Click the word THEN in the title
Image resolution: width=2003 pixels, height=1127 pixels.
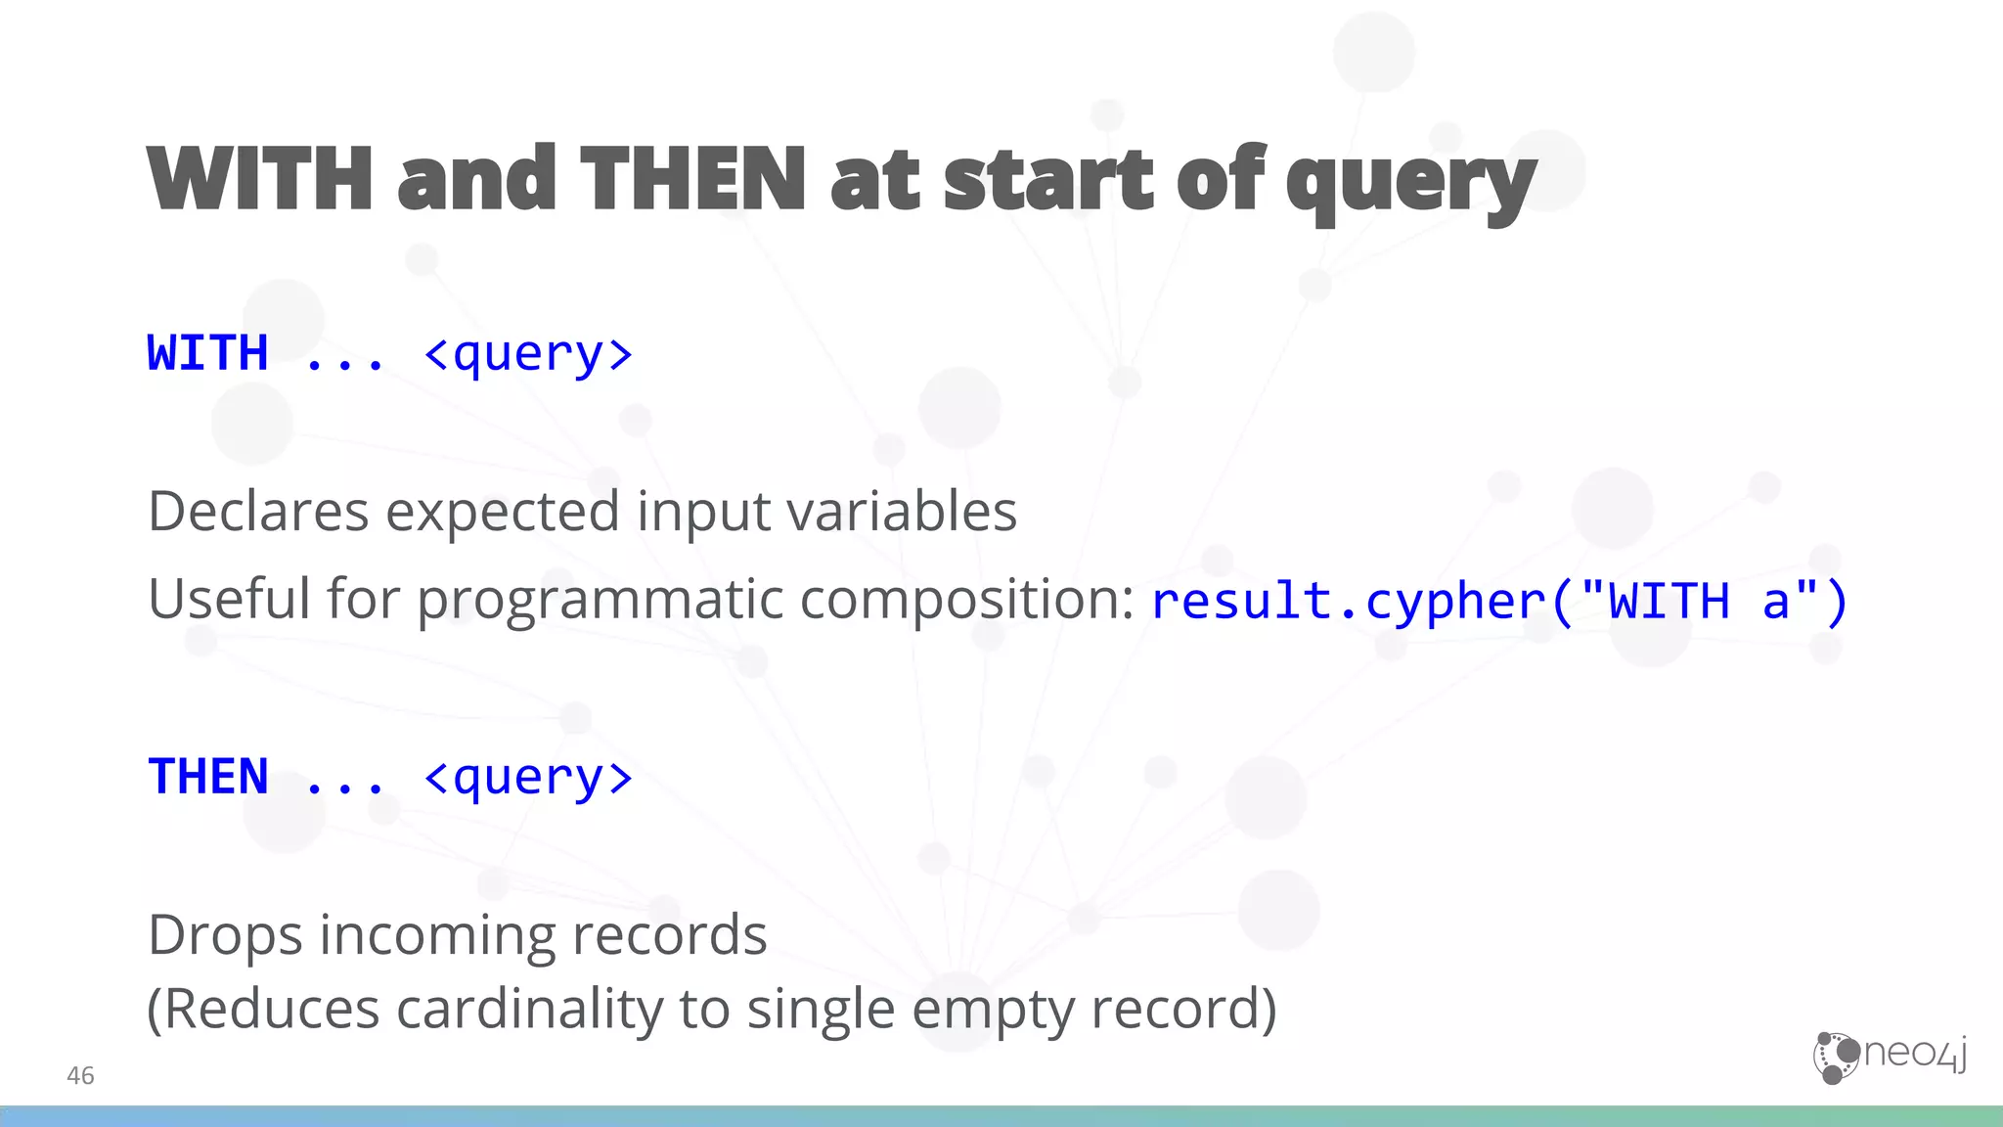point(692,179)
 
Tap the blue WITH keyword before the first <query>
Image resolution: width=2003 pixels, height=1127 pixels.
point(207,353)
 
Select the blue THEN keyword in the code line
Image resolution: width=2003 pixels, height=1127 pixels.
point(207,777)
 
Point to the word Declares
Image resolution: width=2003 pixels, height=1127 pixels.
point(258,511)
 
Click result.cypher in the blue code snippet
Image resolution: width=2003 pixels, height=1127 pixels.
point(1349,601)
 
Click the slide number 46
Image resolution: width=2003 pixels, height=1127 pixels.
point(80,1076)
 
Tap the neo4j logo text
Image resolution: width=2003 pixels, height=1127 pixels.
point(1915,1054)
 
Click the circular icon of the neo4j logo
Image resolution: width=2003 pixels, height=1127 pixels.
point(1836,1058)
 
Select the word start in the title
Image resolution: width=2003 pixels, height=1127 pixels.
point(1051,179)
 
